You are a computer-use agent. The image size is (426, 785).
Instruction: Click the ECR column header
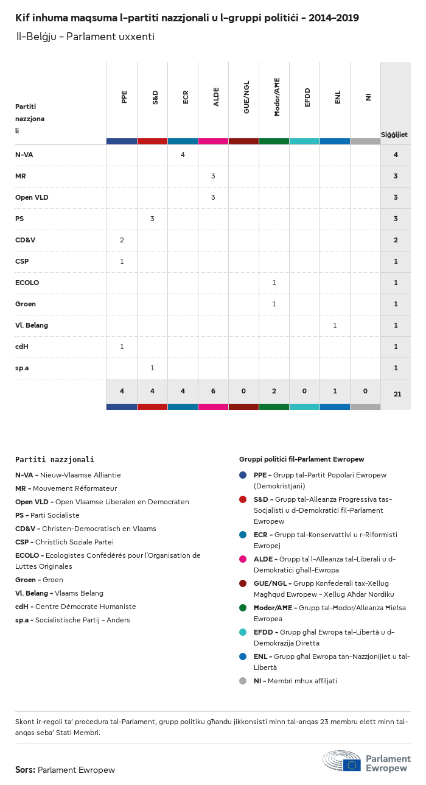[186, 97]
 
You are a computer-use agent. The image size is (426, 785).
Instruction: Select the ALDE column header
[216, 97]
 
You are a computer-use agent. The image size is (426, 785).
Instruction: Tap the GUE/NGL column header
[246, 100]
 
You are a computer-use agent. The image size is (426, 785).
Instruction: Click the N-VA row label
[24, 155]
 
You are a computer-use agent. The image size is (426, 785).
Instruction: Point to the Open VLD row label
[32, 197]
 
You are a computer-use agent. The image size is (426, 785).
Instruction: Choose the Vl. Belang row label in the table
[32, 325]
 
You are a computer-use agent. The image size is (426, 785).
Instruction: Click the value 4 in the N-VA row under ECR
[183, 155]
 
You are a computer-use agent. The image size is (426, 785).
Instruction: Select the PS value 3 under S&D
[152, 219]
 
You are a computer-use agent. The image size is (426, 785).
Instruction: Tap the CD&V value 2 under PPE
[122, 240]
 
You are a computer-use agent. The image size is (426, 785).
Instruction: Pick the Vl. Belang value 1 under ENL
[335, 325]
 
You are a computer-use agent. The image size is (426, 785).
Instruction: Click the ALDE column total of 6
[213, 391]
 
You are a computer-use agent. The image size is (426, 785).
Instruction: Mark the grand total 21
[397, 394]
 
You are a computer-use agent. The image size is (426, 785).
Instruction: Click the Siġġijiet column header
[394, 135]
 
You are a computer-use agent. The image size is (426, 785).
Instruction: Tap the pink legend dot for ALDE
[243, 559]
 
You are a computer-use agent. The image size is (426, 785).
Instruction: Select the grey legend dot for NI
[243, 681]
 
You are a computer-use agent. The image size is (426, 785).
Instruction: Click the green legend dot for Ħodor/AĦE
[243, 608]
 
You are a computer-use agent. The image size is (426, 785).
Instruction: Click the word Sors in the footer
[25, 770]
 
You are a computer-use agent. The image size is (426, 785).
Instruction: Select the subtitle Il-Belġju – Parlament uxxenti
[85, 37]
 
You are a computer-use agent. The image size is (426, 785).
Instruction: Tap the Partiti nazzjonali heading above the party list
[55, 460]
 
